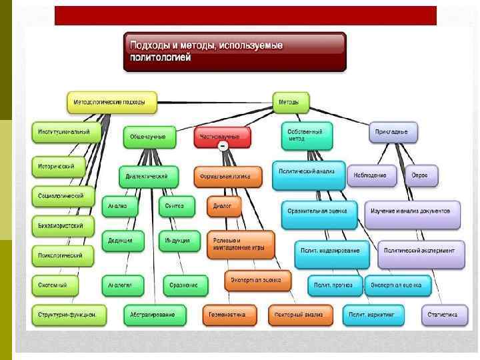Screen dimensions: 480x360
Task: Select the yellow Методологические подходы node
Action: (x=112, y=103)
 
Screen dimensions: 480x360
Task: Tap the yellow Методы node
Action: (x=291, y=102)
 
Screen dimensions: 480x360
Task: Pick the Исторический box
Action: (x=59, y=165)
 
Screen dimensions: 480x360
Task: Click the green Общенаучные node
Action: (x=149, y=136)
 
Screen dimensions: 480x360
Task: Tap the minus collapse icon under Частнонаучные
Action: (x=223, y=145)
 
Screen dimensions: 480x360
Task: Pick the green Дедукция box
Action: (x=121, y=240)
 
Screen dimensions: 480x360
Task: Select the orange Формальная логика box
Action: (x=223, y=177)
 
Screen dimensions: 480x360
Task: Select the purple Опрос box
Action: (x=420, y=175)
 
